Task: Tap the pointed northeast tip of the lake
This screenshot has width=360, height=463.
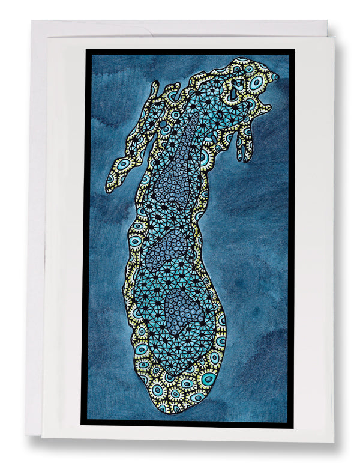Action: tap(277, 77)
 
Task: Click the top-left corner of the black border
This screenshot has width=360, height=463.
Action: tap(86, 49)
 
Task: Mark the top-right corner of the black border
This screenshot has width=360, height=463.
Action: tap(294, 49)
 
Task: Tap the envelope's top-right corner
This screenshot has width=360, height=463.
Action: tap(327, 21)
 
